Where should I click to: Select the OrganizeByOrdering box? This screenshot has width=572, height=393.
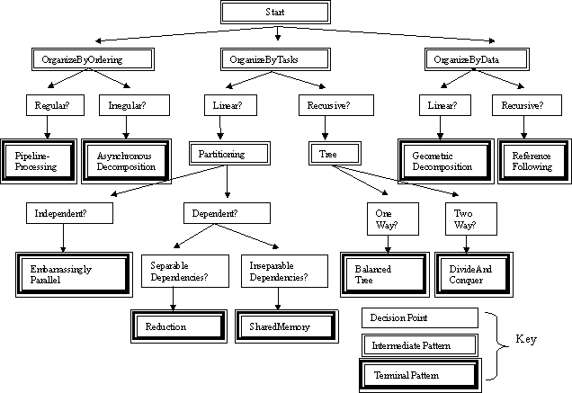pos(81,59)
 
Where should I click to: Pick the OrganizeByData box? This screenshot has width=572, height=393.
pos(464,59)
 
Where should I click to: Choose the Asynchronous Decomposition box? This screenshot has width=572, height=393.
pos(125,161)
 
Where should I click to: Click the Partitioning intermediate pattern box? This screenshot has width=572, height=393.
pos(229,154)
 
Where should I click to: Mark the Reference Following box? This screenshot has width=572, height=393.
pos(532,161)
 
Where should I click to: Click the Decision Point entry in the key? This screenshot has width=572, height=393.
pos(419,318)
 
